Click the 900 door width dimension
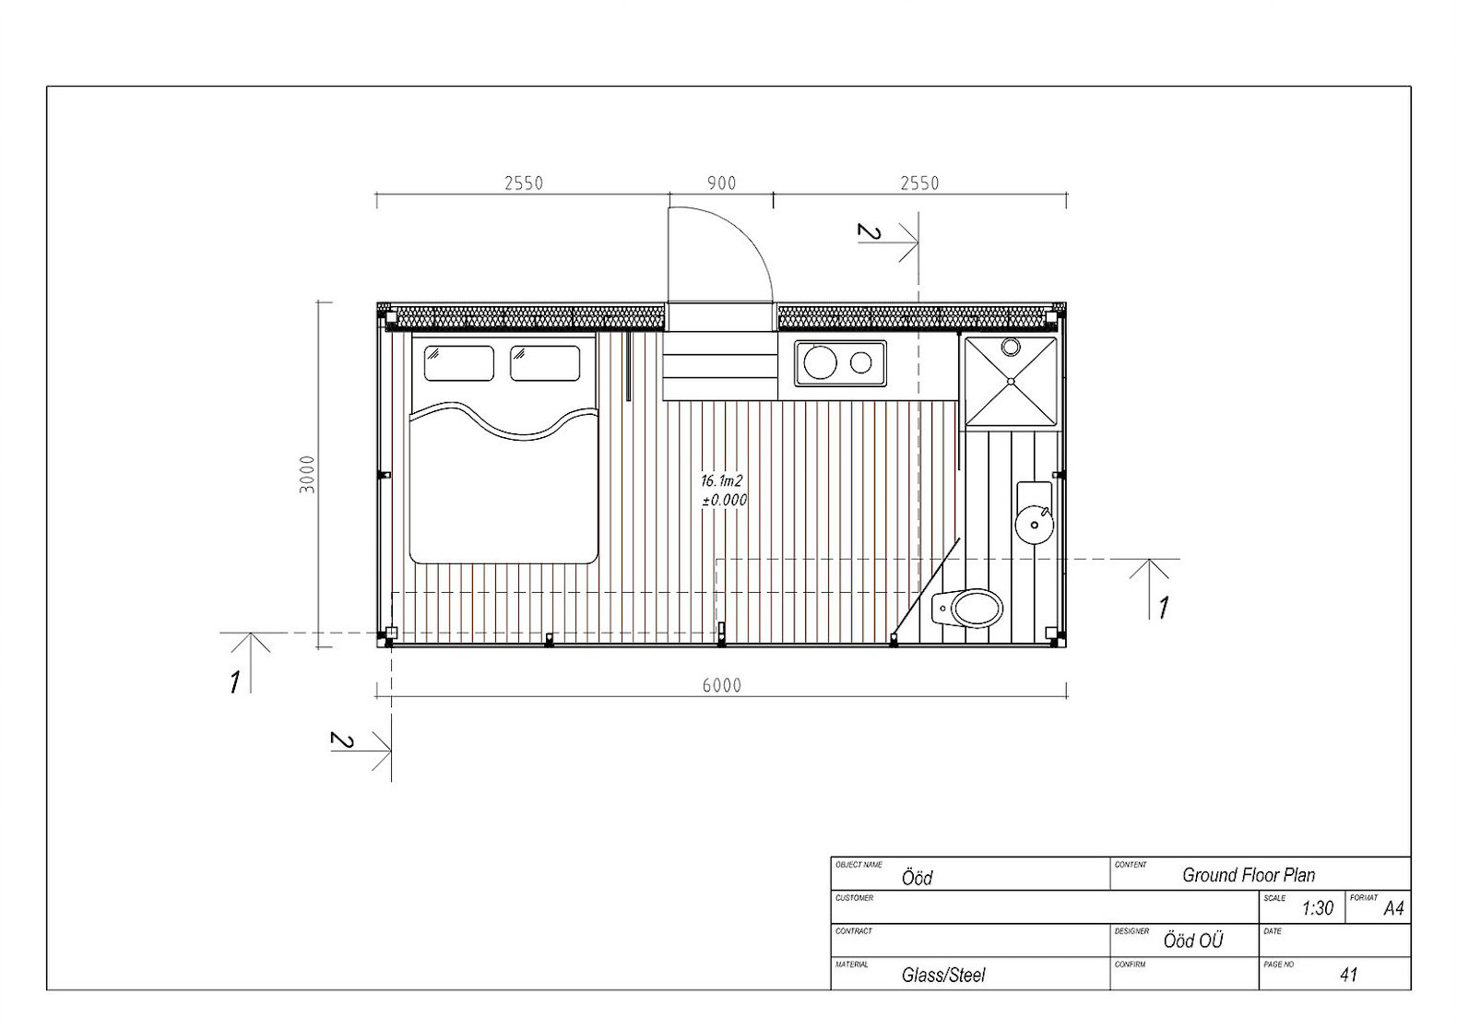[721, 183]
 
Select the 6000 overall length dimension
[721, 686]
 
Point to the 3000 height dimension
[307, 474]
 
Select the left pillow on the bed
[458, 363]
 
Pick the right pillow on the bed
[545, 363]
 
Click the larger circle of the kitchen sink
[820, 362]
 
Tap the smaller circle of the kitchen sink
[860, 363]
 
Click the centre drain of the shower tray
[1011, 381]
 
